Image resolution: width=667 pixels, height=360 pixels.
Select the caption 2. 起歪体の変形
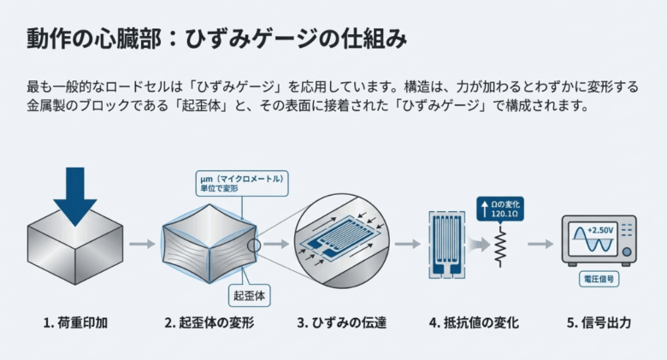pyautogui.click(x=210, y=323)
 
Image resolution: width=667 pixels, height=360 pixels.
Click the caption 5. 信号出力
pyautogui.click(x=599, y=323)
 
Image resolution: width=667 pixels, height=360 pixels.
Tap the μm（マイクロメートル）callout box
pyautogui.click(x=240, y=182)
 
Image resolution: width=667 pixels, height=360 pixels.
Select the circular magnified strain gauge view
pyautogui.click(x=340, y=243)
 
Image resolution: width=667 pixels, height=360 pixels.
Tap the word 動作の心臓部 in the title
pyautogui.click(x=80, y=38)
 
